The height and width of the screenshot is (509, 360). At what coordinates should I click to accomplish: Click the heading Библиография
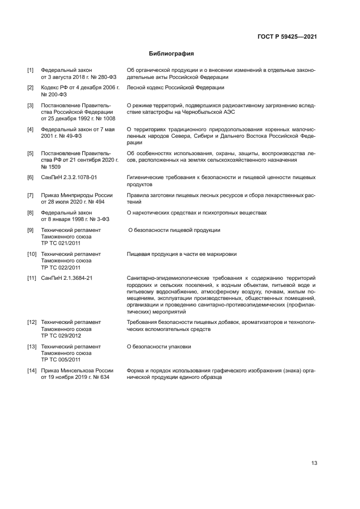pos(172,54)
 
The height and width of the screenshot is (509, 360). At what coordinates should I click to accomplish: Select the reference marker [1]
pos(30,70)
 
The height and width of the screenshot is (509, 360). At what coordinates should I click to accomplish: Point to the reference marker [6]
pos(30,177)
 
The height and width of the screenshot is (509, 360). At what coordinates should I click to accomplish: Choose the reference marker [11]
pos(32,278)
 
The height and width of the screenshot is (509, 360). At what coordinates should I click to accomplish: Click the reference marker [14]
pos(32,370)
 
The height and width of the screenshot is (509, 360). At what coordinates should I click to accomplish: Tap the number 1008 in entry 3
pos(109,118)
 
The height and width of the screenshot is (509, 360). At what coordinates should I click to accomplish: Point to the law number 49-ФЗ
pos(73,136)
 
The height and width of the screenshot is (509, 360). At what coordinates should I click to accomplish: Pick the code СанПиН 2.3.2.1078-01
pos(69,177)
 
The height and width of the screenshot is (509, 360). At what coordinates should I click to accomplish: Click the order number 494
pos(99,202)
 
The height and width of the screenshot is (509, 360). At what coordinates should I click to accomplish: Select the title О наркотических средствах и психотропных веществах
pos(197,212)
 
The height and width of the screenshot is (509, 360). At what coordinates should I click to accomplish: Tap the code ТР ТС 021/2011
pos(60,243)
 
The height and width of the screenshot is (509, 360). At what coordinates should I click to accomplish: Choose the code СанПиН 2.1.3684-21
pos(67,278)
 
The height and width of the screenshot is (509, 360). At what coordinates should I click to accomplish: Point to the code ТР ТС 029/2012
pos(60,336)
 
